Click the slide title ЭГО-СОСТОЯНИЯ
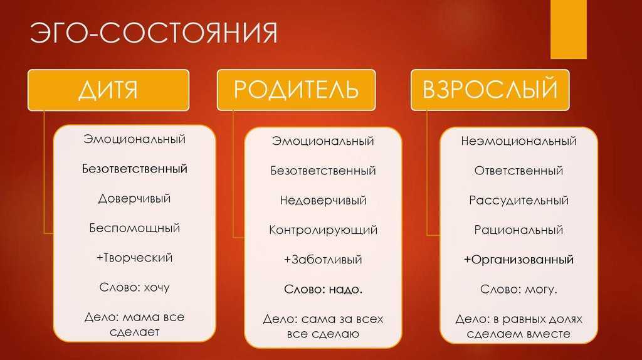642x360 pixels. tap(154, 33)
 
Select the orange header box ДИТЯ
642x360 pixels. tap(108, 90)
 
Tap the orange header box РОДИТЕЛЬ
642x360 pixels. tap(296, 90)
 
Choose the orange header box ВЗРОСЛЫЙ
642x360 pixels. tap(490, 90)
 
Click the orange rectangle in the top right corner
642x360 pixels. tap(568, 29)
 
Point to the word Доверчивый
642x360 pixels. tap(134, 199)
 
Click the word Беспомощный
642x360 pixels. tap(134, 228)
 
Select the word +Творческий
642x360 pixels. tap(134, 258)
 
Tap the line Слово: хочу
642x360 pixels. tap(134, 287)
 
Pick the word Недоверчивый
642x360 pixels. tap(323, 200)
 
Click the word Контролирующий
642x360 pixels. tap(323, 230)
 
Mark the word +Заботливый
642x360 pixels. tap(323, 260)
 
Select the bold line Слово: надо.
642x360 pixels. tap(323, 290)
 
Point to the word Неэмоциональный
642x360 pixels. tap(518, 141)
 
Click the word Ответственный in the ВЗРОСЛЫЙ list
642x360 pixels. tap(518, 171)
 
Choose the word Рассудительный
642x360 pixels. tap(518, 200)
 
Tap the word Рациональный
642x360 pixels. tap(518, 230)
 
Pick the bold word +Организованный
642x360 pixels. tap(518, 260)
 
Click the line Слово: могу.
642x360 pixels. tap(518, 290)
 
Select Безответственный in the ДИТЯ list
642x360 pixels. tap(134, 169)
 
